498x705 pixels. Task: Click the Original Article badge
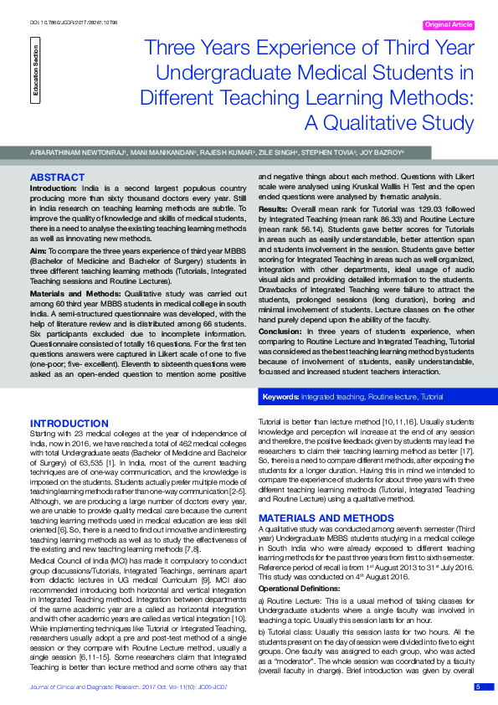click(449, 25)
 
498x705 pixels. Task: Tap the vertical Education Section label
click(35, 71)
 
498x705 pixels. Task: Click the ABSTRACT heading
click(57, 178)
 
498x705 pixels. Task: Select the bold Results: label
click(273, 208)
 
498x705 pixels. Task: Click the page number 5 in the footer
click(478, 687)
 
